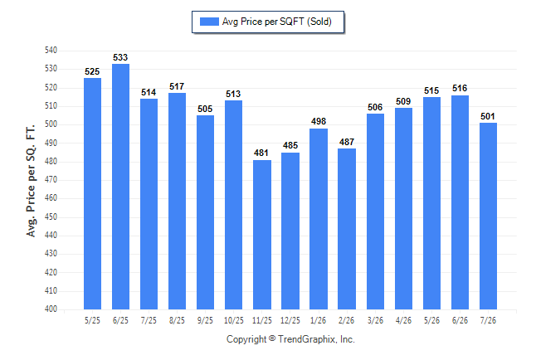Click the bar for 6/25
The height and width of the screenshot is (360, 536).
click(120, 187)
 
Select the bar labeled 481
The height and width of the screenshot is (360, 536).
click(262, 235)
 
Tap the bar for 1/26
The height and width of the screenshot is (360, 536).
click(319, 219)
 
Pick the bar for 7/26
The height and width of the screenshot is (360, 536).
click(488, 216)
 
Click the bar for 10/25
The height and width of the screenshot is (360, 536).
click(233, 205)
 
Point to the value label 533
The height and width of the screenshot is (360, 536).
click(120, 57)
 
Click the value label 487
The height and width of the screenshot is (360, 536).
click(347, 142)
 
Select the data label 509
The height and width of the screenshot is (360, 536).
click(403, 101)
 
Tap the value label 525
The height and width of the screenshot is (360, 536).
click(92, 72)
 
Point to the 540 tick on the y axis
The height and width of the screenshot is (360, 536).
click(51, 51)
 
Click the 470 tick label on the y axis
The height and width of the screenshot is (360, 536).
click(51, 179)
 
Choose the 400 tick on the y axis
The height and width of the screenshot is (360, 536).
click(51, 309)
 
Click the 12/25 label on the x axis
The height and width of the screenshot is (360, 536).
click(290, 320)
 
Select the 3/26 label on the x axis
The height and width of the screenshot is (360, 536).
click(375, 320)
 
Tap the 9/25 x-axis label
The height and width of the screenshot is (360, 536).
click(205, 320)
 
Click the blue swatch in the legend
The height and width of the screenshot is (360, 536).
click(209, 22)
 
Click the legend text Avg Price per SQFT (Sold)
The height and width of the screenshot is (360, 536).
click(277, 22)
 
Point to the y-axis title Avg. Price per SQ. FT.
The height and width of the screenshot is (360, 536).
click(31, 181)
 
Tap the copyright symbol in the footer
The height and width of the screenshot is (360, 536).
click(272, 338)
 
